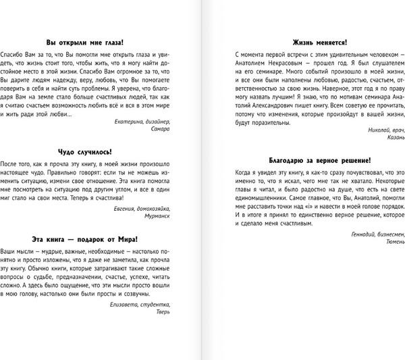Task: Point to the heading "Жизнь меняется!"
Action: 313,40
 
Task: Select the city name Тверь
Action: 163,311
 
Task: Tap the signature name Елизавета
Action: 124,303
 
